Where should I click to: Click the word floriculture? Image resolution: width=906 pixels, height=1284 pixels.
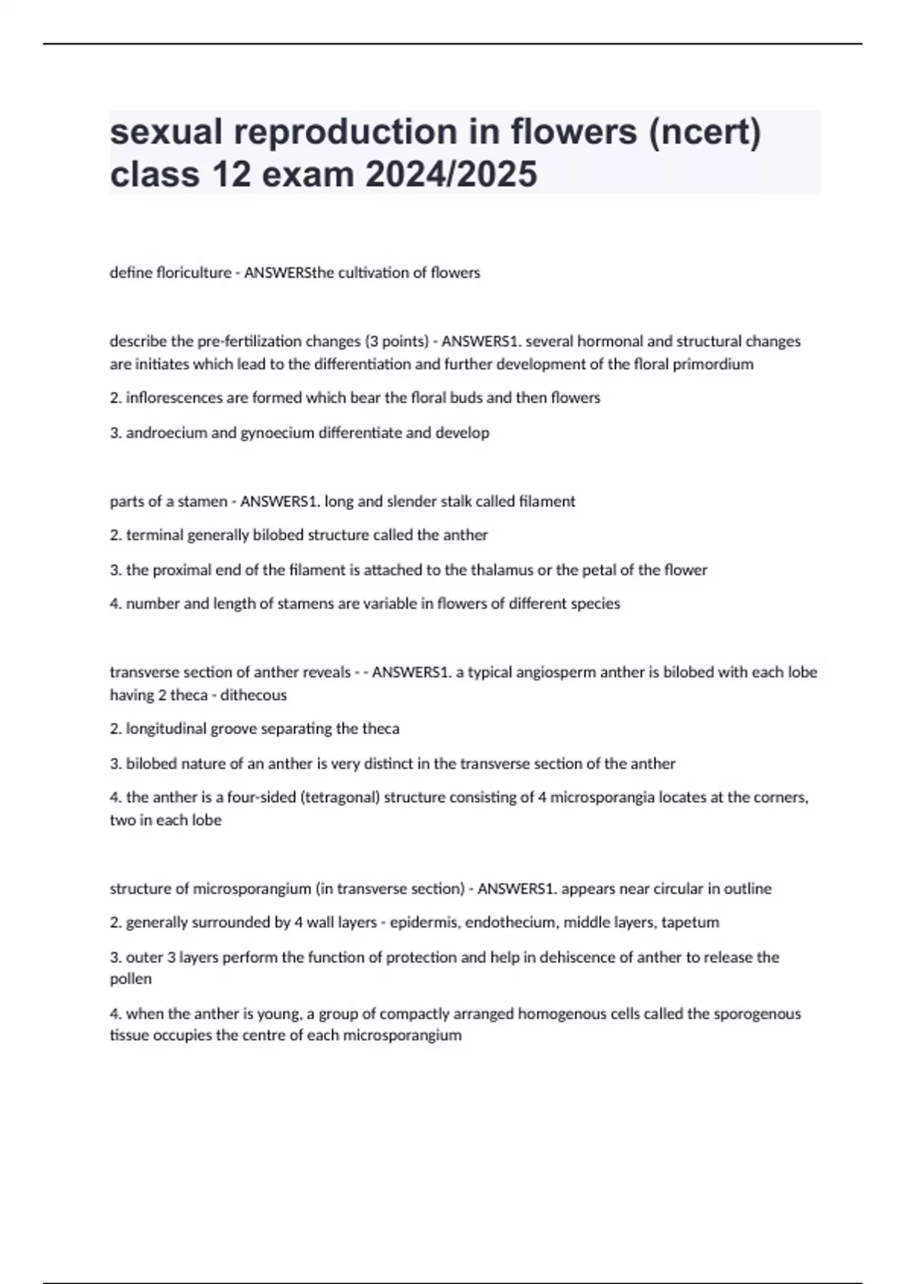tap(193, 273)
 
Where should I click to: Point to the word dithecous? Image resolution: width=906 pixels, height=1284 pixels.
tap(254, 695)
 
